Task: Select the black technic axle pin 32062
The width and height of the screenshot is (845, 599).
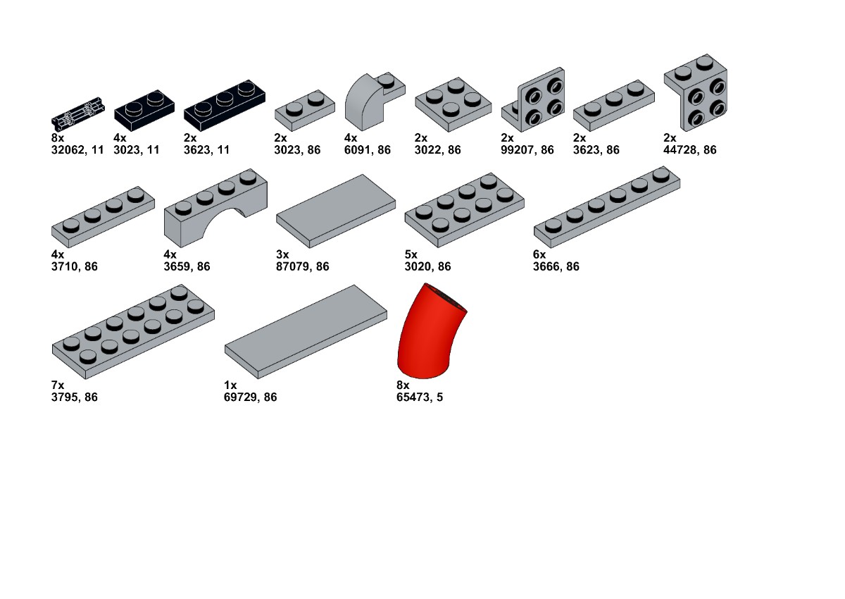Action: coord(78,113)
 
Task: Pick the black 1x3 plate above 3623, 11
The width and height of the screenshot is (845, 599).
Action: coord(225,106)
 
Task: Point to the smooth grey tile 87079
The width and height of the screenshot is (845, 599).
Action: coord(336,211)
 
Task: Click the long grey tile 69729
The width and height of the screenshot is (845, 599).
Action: coord(306,331)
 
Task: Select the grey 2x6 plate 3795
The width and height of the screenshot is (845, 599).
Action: coord(133,331)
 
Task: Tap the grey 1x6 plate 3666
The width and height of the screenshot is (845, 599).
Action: coord(606,207)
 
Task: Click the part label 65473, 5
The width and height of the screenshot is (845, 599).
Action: coord(420,397)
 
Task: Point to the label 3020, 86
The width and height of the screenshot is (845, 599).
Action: coord(428,266)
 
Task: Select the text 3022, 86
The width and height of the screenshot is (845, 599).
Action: coord(437,150)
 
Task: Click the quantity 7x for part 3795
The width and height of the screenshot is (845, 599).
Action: coord(58,385)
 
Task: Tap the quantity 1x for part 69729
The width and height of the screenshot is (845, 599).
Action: coord(230,385)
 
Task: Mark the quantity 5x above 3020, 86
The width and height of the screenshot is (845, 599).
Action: coord(411,254)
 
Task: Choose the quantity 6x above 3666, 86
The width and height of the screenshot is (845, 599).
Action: coord(539,254)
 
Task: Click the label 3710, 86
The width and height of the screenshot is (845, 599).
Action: coord(75,266)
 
